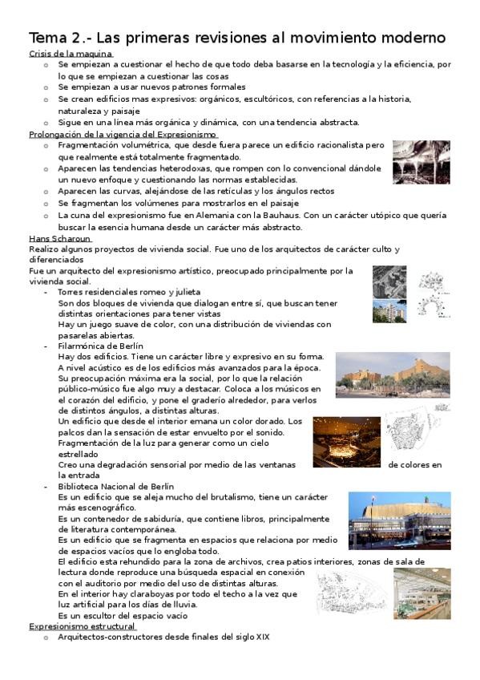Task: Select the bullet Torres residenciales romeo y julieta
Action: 129,293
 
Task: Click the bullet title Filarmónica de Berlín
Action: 106,346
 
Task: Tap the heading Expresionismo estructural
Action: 82,625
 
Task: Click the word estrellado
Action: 79,454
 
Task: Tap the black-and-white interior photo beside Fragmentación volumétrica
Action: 420,162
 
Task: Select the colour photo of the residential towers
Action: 389,313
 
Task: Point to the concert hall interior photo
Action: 346,442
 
